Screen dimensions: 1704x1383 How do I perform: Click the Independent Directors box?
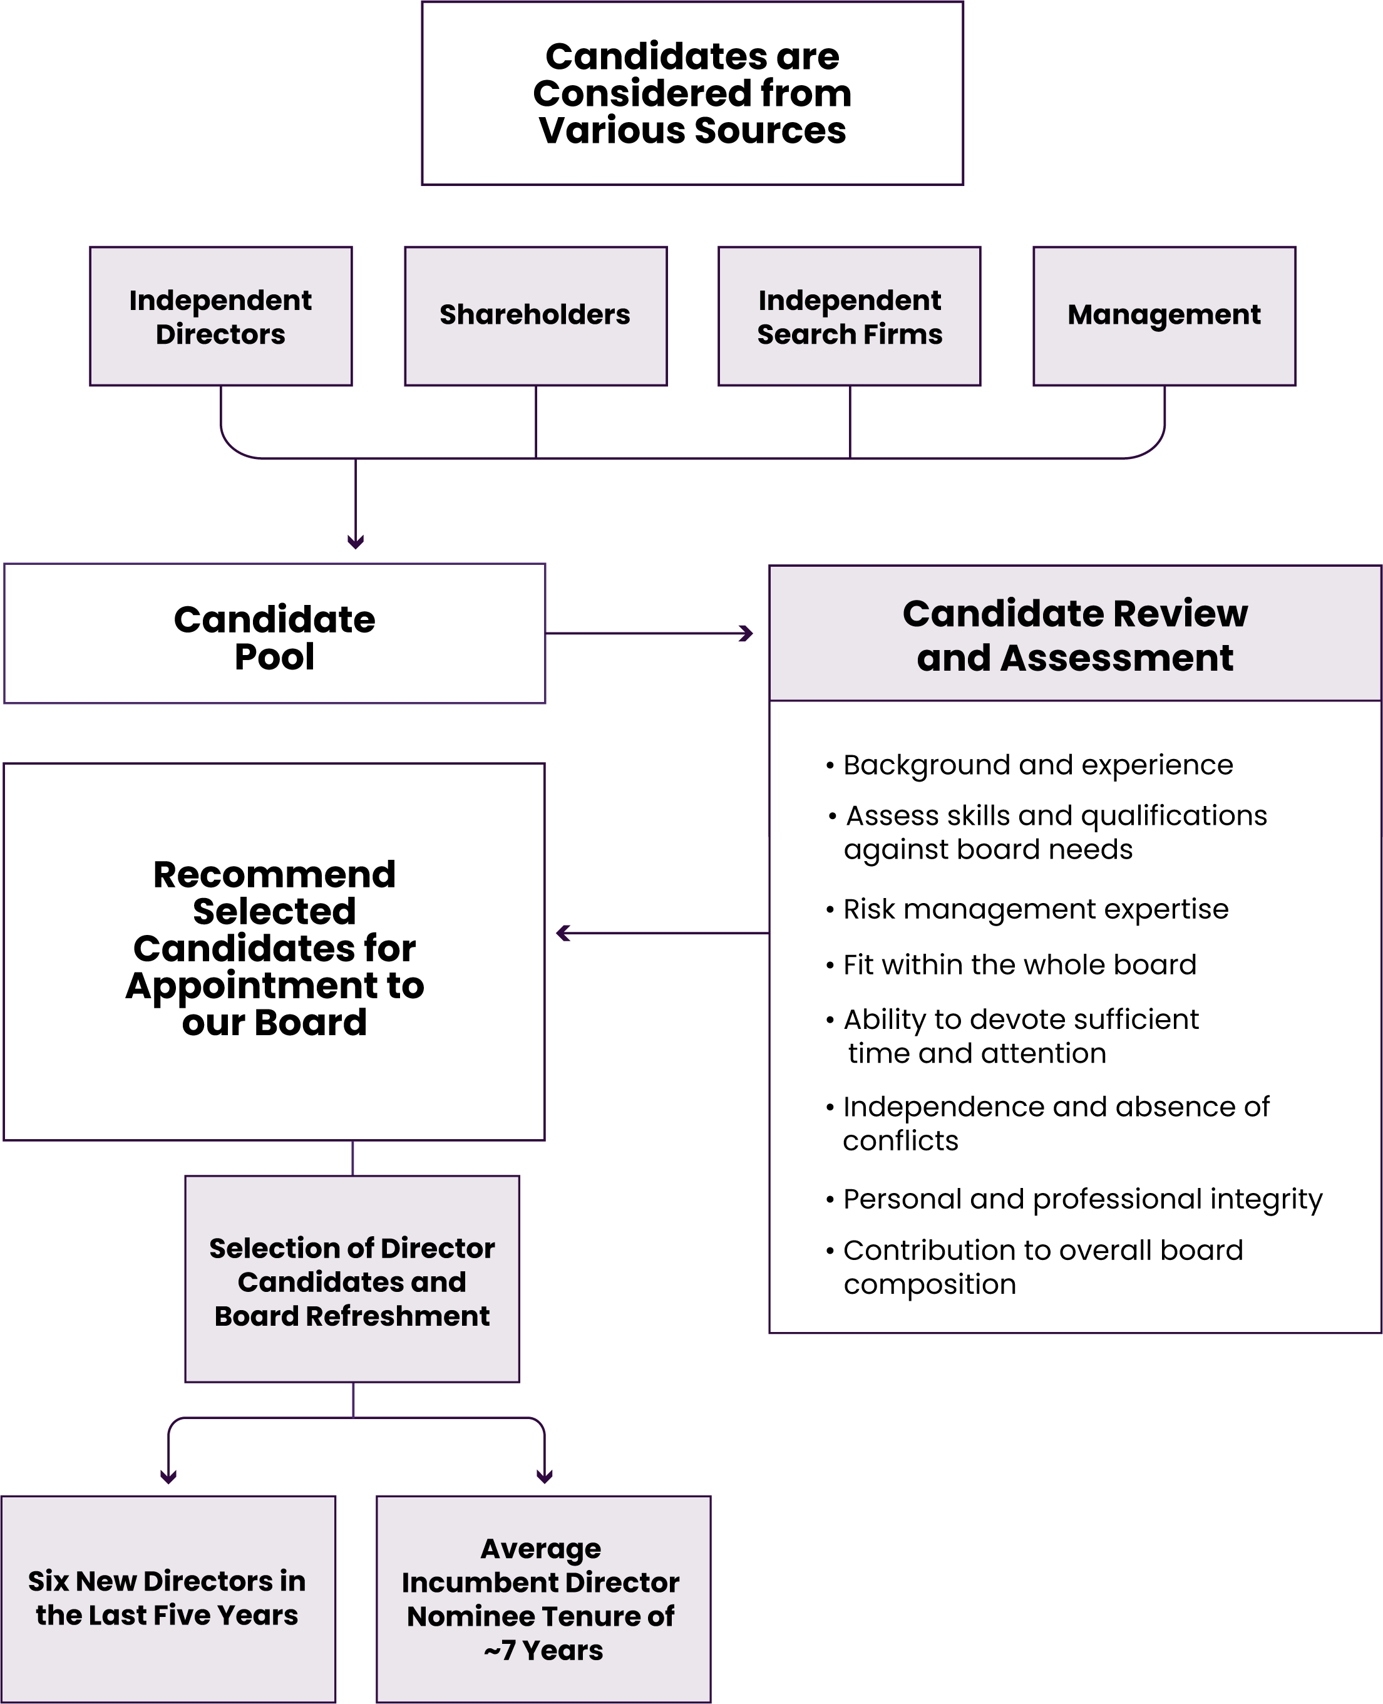(x=220, y=316)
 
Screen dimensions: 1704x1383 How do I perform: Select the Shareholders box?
(x=535, y=316)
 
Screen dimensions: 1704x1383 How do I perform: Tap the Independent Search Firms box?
(x=849, y=316)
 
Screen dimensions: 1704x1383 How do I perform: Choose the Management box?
(x=1164, y=316)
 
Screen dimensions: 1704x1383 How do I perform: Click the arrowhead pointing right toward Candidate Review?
(x=746, y=634)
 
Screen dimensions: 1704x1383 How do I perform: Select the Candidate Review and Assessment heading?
(x=1075, y=635)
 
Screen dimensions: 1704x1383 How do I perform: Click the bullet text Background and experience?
(x=1037, y=765)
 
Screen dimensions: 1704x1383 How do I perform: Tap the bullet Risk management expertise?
(x=1035, y=909)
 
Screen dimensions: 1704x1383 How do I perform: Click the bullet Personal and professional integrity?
(x=1082, y=1199)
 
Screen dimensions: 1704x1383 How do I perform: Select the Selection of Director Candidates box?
(x=352, y=1281)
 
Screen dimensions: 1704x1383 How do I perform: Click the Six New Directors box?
(x=167, y=1598)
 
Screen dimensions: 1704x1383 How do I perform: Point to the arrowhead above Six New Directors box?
(x=168, y=1477)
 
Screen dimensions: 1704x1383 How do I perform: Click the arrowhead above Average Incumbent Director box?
(x=544, y=1477)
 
